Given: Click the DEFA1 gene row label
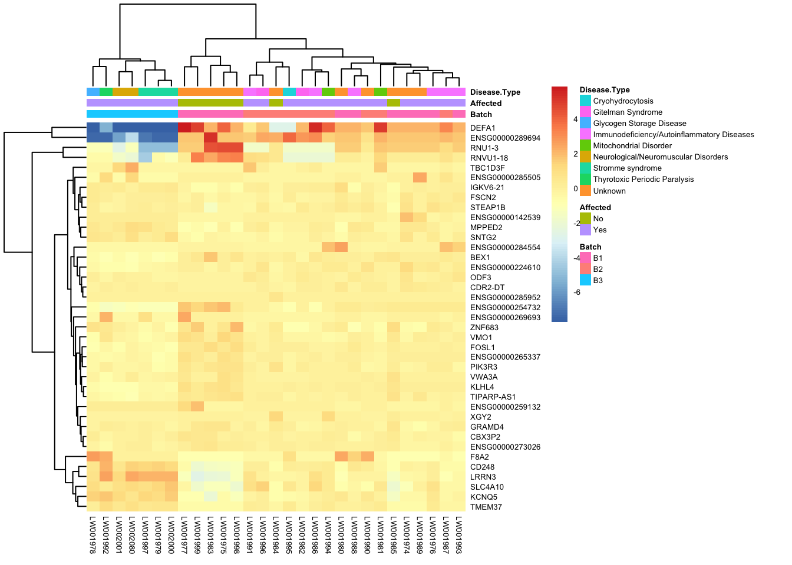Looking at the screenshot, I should coord(483,128).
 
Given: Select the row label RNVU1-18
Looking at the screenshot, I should coord(489,158).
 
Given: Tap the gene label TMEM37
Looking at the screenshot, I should coord(486,507).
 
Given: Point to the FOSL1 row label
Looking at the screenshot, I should coord(483,347).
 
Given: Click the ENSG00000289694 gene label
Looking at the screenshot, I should coord(505,138).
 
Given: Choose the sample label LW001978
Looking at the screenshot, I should coord(93,535).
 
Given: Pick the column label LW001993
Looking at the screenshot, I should coord(458,535).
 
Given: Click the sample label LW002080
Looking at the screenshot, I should coord(132,535).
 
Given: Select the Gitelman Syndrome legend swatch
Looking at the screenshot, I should coord(585,112).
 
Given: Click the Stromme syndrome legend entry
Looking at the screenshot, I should coord(627,168).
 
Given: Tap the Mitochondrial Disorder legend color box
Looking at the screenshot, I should coord(585,145).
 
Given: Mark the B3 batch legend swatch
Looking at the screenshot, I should coord(585,280).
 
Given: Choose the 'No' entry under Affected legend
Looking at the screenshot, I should coord(598,218).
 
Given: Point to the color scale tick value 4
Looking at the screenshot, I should coord(576,119).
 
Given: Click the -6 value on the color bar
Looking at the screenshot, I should coord(577,293).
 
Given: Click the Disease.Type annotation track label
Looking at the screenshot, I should coord(495,92).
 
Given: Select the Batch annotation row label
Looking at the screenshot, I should coord(481,114).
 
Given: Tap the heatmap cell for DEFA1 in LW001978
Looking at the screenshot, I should coord(93,128).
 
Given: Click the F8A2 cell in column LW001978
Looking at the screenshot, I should coord(93,457).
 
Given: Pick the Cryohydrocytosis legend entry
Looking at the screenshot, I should coord(623,101).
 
